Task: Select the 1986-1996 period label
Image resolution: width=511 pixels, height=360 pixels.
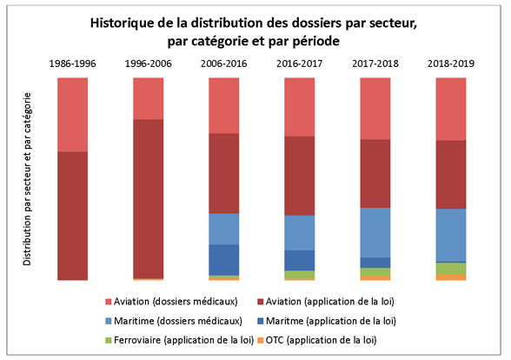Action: pyautogui.click(x=72, y=63)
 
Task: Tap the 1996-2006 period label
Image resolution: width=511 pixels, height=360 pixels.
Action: pyautogui.click(x=148, y=63)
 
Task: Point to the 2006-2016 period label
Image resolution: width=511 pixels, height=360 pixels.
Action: pyautogui.click(x=223, y=63)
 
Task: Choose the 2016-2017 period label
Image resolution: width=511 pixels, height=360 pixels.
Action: pyautogui.click(x=299, y=63)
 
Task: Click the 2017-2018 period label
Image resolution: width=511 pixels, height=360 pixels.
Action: pyautogui.click(x=375, y=63)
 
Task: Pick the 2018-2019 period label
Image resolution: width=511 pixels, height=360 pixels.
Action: pyautogui.click(x=450, y=63)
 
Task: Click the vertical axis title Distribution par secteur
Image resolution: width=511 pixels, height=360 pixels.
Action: pyautogui.click(x=28, y=179)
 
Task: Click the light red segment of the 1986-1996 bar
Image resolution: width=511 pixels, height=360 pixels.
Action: pyautogui.click(x=72, y=114)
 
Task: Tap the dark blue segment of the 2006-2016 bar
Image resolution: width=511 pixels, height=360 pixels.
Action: pyautogui.click(x=223, y=259)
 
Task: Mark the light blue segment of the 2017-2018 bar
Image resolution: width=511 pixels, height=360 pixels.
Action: pyautogui.click(x=375, y=232)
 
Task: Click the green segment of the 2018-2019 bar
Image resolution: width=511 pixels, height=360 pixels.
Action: pyautogui.click(x=450, y=268)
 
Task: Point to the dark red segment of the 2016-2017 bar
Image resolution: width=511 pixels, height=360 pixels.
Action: pyautogui.click(x=299, y=176)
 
